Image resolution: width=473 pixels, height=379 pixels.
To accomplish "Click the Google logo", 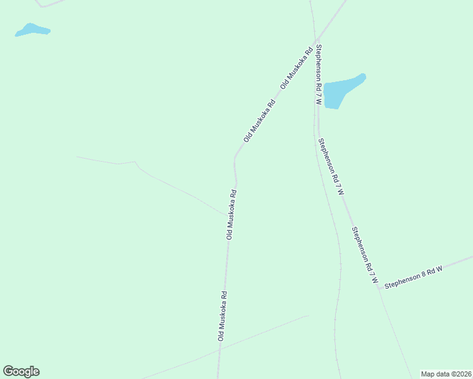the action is [21, 371].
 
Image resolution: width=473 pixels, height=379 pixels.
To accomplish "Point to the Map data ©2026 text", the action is [446, 374].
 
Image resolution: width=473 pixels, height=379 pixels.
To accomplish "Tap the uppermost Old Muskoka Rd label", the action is [297, 67].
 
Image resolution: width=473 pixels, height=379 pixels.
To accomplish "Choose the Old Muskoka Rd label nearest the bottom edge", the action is [223, 316].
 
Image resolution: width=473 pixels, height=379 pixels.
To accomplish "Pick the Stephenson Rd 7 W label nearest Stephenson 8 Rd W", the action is [365, 255].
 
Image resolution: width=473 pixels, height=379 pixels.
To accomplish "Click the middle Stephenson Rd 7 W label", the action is [331, 166].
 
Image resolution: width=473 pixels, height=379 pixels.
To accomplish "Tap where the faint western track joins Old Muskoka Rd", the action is [229, 215].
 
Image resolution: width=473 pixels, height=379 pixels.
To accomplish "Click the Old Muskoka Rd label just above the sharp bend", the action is [260, 120].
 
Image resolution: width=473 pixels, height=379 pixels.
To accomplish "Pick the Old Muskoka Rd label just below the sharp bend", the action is [232, 214].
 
